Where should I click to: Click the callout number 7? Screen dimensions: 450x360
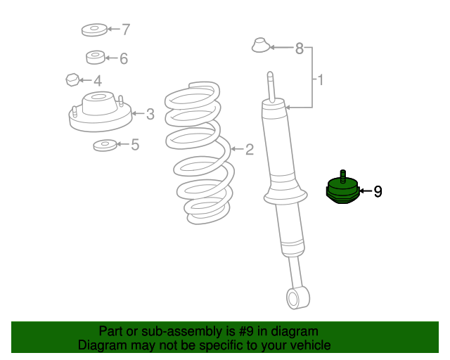(x=126, y=30)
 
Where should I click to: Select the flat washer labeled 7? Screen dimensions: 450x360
(x=94, y=30)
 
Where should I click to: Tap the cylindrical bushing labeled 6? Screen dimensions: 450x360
(x=96, y=58)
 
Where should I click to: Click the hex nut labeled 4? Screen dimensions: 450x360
(x=72, y=80)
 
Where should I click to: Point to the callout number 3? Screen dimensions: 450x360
(x=150, y=115)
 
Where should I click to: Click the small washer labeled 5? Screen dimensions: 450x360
(x=105, y=146)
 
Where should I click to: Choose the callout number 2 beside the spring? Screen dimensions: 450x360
(x=250, y=150)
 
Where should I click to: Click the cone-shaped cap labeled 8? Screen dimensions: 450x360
(x=261, y=45)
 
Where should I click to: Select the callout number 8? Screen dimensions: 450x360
(x=300, y=49)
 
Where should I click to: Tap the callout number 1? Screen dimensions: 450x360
(x=321, y=80)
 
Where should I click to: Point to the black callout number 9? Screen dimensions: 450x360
(x=378, y=191)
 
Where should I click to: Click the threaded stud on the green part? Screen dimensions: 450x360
(x=342, y=176)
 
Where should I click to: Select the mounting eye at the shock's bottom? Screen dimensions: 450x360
(x=298, y=297)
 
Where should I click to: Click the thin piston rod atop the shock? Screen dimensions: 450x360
(x=271, y=86)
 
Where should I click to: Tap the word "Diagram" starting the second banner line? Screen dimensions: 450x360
(x=102, y=345)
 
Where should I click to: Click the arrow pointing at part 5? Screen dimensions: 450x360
(x=123, y=144)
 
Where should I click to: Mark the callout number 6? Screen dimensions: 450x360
(x=124, y=58)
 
